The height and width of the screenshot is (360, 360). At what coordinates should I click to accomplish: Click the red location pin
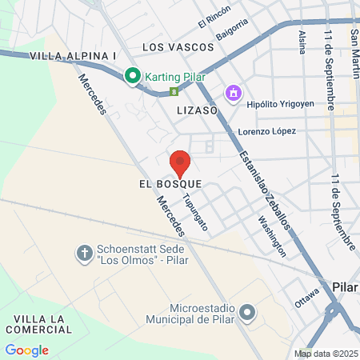(180, 162)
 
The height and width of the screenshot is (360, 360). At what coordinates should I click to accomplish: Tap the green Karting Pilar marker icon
(132, 77)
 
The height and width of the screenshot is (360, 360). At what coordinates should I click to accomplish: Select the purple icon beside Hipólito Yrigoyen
(233, 94)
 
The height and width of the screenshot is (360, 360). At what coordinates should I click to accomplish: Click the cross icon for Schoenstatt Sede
(84, 254)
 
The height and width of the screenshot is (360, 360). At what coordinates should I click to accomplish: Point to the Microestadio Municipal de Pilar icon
(247, 312)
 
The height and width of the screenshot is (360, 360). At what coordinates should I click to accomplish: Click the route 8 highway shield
(174, 91)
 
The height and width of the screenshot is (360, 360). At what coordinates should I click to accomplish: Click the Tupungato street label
(196, 212)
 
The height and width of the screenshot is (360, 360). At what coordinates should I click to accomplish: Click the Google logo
(26, 350)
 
